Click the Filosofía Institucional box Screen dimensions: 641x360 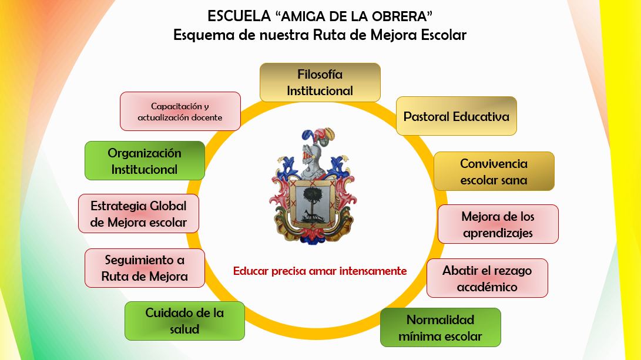click(x=320, y=83)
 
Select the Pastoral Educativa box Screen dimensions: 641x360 click(x=457, y=116)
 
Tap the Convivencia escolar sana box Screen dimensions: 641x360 click(x=494, y=171)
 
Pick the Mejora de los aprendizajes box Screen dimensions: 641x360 click(x=498, y=224)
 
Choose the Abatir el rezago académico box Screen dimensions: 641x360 click(x=487, y=278)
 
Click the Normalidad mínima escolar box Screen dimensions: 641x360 click(x=441, y=328)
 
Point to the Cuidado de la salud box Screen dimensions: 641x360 click(x=184, y=321)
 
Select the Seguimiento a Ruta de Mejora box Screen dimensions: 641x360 click(x=145, y=268)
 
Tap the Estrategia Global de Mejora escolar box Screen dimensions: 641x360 click(x=139, y=214)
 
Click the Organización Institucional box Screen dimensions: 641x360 click(x=145, y=160)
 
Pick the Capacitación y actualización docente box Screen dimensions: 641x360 click(x=180, y=112)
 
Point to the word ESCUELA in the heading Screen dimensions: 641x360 click(x=239, y=16)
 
